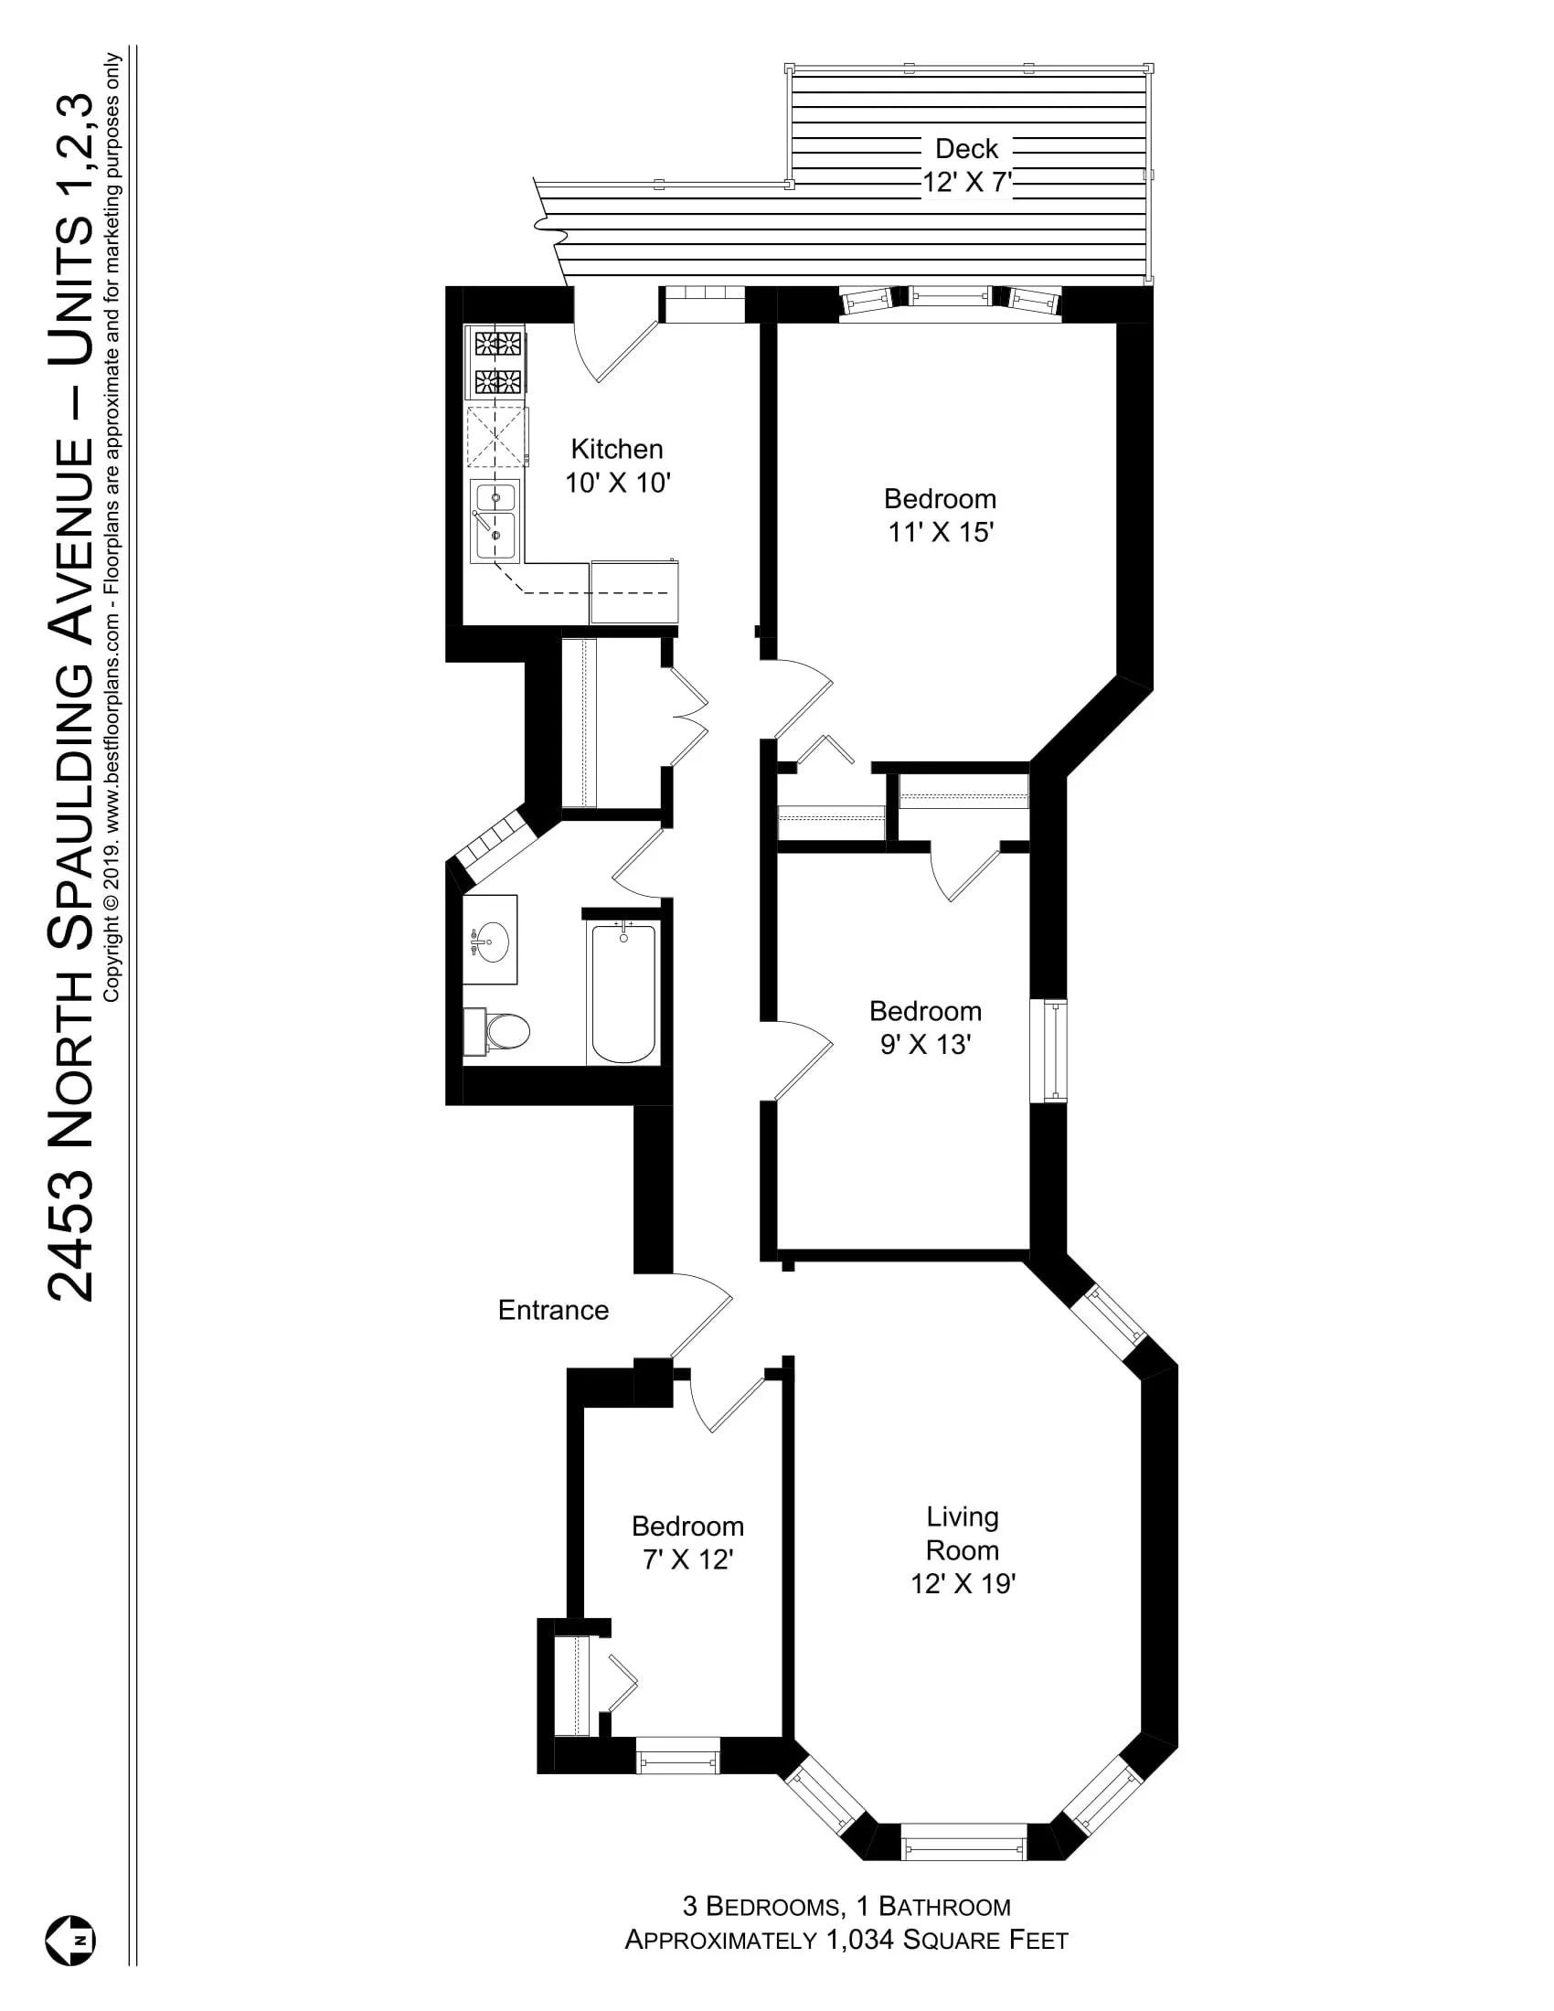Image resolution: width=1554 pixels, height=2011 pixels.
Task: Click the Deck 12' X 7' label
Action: pyautogui.click(x=966, y=165)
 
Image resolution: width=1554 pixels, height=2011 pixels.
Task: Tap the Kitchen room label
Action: pyautogui.click(x=617, y=449)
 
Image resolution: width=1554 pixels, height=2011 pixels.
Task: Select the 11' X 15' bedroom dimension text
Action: pyautogui.click(x=940, y=532)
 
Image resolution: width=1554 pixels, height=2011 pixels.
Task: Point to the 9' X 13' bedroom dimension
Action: pyautogui.click(x=925, y=1044)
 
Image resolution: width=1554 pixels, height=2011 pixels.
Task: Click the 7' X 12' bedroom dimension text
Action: pyautogui.click(x=687, y=1559)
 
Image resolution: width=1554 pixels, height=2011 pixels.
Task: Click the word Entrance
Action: pyautogui.click(x=553, y=1309)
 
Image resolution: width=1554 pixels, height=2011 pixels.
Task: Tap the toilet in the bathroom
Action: pyautogui.click(x=502, y=1031)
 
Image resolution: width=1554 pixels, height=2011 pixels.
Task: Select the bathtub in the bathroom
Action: pyautogui.click(x=623, y=993)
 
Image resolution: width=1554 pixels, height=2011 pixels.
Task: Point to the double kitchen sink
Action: pyautogui.click(x=495, y=520)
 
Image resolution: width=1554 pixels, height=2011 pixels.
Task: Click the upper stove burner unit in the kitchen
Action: pyautogui.click(x=498, y=345)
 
